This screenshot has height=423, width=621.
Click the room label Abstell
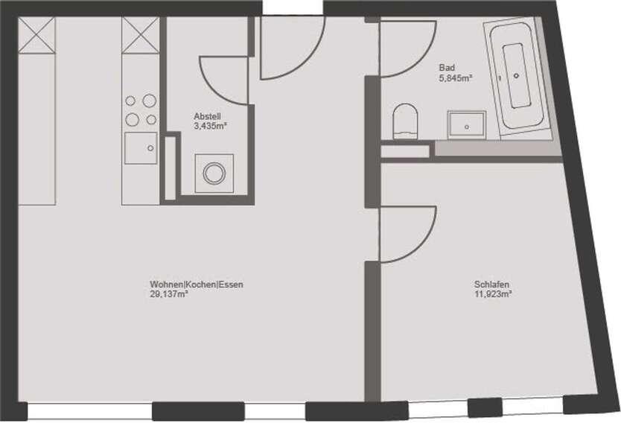tap(207, 117)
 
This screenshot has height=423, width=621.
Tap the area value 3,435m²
tap(210, 127)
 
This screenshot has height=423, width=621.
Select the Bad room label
tap(447, 67)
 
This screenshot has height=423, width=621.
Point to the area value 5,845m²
tap(456, 77)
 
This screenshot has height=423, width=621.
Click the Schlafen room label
tap(491, 284)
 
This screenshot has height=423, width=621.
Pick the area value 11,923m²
tap(494, 294)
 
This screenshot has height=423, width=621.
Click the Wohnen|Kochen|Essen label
tap(197, 284)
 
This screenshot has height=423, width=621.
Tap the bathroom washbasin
tap(467, 124)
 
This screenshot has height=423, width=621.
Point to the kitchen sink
tap(141, 148)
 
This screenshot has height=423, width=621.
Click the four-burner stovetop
tap(141, 109)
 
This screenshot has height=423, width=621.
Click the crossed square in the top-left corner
tap(36, 35)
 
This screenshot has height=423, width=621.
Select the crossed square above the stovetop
tap(141, 35)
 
